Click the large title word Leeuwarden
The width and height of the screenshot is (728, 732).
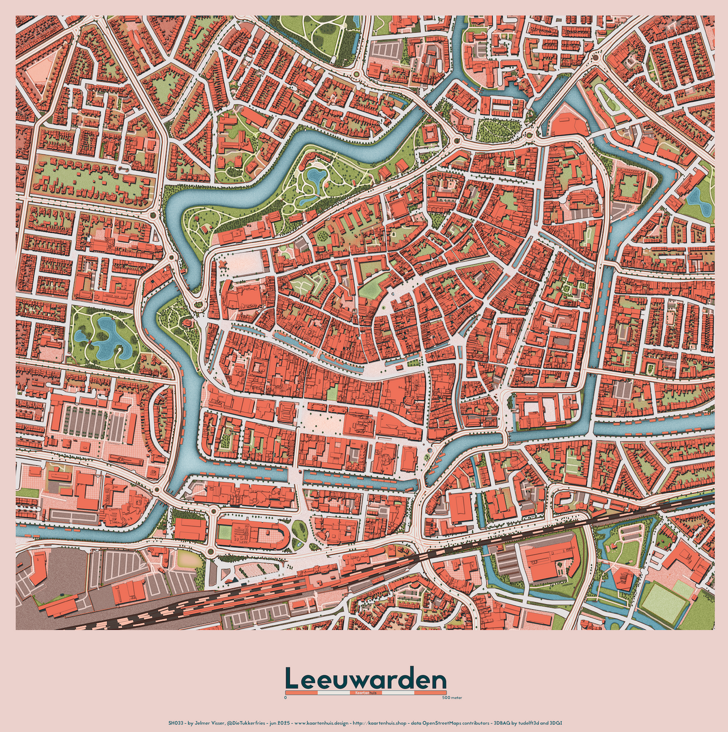coord(365,679)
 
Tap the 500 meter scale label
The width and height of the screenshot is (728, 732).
coord(452,698)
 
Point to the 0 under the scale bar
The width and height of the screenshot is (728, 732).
coord(285,698)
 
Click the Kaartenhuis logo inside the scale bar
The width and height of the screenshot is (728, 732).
coord(365,693)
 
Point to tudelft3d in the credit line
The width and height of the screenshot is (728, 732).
coord(528,723)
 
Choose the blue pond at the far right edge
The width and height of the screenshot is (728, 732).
coord(698,199)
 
